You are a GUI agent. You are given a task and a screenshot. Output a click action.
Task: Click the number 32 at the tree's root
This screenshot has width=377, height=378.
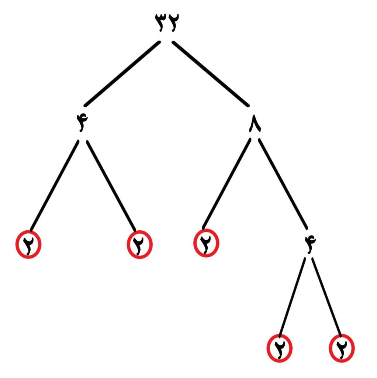tap(167, 23)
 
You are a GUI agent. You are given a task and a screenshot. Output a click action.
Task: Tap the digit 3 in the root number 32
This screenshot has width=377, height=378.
tap(161, 23)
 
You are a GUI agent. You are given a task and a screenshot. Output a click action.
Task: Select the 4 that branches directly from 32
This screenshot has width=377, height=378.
tap(82, 123)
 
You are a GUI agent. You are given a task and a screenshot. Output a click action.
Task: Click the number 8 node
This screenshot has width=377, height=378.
tap(255, 123)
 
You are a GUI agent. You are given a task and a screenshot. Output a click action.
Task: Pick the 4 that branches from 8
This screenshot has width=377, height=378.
tap(310, 244)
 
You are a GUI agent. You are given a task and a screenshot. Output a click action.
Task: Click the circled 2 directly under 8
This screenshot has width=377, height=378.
tap(206, 243)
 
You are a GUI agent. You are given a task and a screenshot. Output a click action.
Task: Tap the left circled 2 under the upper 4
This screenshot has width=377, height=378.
tap(28, 244)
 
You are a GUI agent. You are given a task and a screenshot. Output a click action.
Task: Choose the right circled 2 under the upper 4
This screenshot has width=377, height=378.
tap(140, 244)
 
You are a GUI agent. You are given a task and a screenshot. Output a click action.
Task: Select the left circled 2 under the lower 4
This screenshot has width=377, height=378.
tap(280, 348)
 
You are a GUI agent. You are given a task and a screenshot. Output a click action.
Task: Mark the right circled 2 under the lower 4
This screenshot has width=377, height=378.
tap(342, 348)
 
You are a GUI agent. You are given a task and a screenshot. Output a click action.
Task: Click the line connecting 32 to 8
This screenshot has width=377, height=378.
tap(210, 74)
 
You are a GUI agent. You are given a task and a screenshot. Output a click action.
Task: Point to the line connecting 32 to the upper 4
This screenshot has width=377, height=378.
tap(122, 74)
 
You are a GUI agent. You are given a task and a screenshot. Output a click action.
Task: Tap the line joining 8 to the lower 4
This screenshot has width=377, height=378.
tap(283, 184)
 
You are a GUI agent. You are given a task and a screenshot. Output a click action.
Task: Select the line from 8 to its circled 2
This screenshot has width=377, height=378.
tap(226, 184)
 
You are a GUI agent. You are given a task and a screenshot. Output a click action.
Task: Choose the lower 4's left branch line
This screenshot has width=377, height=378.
tap(292, 297)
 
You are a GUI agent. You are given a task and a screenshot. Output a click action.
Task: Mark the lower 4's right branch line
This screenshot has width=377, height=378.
tap(327, 297)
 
